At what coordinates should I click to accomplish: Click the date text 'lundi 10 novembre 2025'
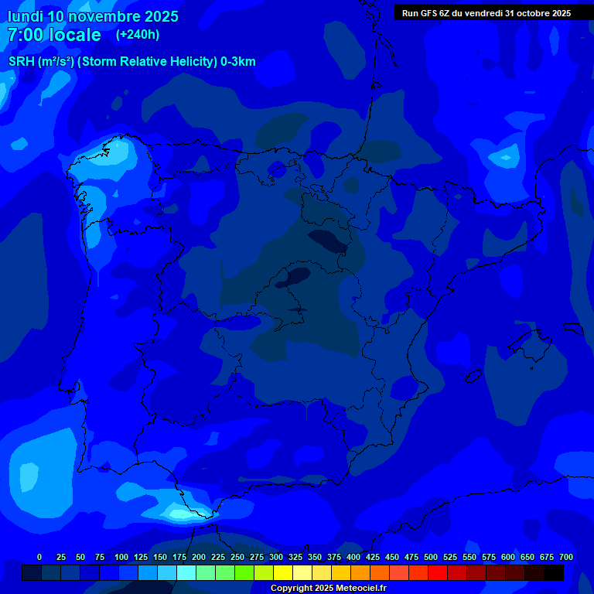coord(93,16)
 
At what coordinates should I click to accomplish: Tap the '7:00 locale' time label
coord(54,35)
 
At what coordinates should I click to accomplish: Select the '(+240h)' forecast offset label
coord(138,34)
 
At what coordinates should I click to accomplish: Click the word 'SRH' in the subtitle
coord(22,62)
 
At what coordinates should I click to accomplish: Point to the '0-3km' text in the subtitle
coord(237,62)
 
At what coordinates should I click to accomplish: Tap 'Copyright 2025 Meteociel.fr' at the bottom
coord(328,588)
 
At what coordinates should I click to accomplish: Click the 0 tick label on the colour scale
coord(39,557)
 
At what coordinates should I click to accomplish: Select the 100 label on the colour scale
coord(121,557)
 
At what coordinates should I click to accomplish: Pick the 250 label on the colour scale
coord(237,557)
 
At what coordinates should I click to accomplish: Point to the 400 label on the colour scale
coord(353,557)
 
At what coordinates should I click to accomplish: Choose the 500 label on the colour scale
coord(431,557)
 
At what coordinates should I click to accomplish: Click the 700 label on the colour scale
coord(566,557)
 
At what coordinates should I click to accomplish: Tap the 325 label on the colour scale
coord(295,557)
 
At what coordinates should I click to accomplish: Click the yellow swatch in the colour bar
coord(283,572)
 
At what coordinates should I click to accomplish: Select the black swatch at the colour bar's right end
coord(554,572)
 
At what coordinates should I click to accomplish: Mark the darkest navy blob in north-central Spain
coord(327,242)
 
